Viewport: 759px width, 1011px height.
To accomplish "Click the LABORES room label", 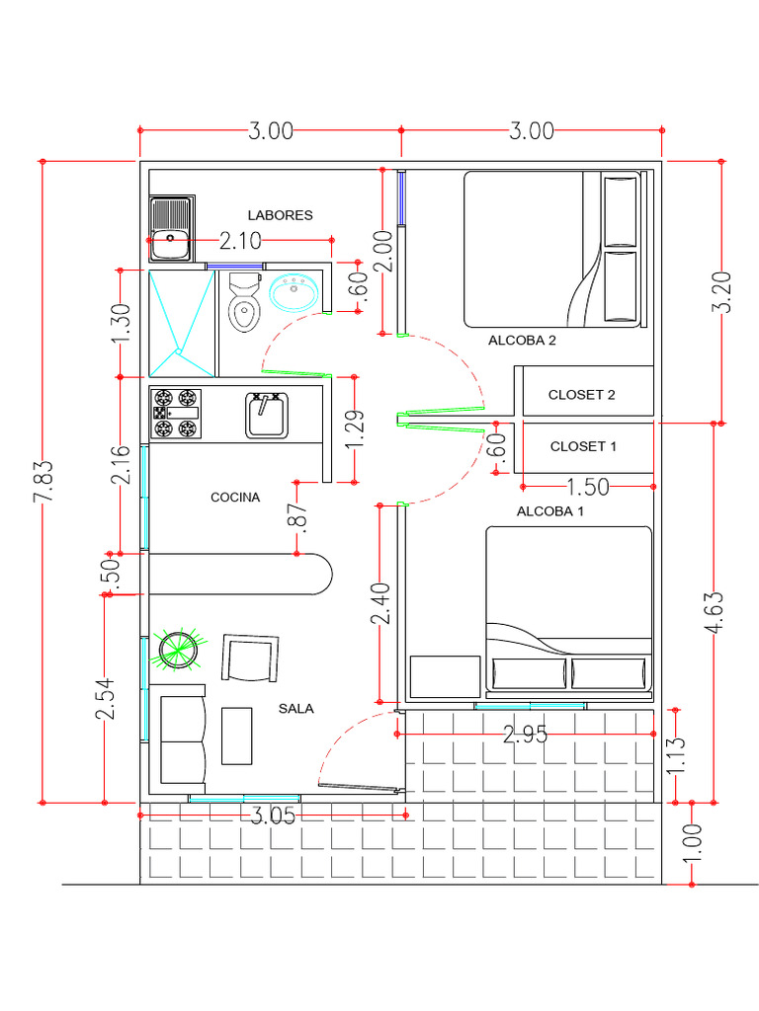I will (x=280, y=215).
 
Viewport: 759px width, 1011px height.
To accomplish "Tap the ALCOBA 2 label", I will (x=522, y=341).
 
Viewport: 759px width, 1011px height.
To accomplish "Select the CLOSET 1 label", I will (x=583, y=446).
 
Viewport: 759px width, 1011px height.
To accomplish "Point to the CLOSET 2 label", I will (x=582, y=395).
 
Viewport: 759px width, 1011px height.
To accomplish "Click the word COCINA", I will (x=235, y=498).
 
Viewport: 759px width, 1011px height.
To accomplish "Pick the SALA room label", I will (x=295, y=708).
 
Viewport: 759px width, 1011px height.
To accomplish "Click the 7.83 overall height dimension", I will (x=43, y=482).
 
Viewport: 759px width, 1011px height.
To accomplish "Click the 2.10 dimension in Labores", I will (x=240, y=240).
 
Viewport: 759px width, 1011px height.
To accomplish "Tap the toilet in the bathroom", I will (x=243, y=302).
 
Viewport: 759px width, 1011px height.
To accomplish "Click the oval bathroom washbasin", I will (x=293, y=292).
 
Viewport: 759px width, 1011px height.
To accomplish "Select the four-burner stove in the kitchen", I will (x=175, y=414).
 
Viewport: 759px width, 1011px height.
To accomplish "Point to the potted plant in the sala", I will (x=179, y=649).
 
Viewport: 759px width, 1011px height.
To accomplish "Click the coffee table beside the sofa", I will (x=236, y=736).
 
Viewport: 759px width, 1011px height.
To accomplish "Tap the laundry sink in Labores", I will (x=171, y=229).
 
